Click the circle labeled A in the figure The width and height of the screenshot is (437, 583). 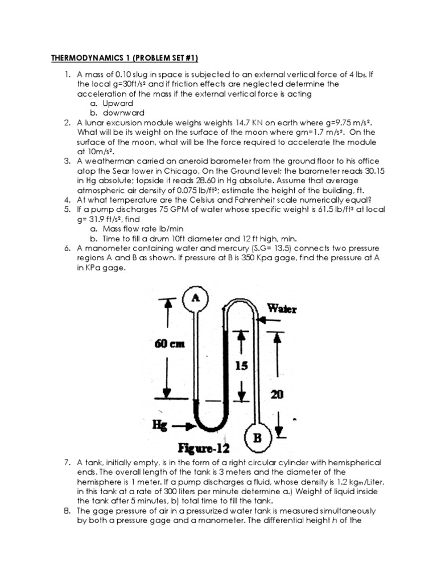tap(195, 297)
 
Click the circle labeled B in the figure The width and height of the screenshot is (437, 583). tap(257, 439)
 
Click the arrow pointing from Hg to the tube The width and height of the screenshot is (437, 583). tap(183, 425)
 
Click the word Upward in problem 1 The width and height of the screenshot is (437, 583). tap(118, 103)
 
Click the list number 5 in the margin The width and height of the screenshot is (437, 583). tap(67, 209)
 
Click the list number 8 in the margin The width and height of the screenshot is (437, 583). tap(67, 511)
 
